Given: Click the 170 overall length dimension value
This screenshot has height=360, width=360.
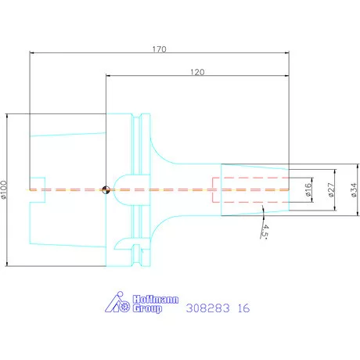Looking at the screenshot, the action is coord(159,49).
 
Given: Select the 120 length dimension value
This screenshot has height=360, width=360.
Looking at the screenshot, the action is coord(197,72).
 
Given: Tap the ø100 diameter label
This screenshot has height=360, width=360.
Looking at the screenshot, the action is coord(4,190).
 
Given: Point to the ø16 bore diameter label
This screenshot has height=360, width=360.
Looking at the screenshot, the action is coord(308,189).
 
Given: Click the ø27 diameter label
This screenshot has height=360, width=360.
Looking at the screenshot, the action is coord(331,189).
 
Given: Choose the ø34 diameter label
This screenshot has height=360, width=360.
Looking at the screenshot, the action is coord(354,189).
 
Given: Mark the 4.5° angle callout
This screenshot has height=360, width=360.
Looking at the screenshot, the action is coord(265,232).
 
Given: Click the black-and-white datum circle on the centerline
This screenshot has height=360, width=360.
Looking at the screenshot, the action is coord(106,190).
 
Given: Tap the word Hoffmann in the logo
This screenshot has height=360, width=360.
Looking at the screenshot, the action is coord(156,300).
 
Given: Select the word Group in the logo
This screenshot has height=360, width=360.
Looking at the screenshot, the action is coord(147,308).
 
